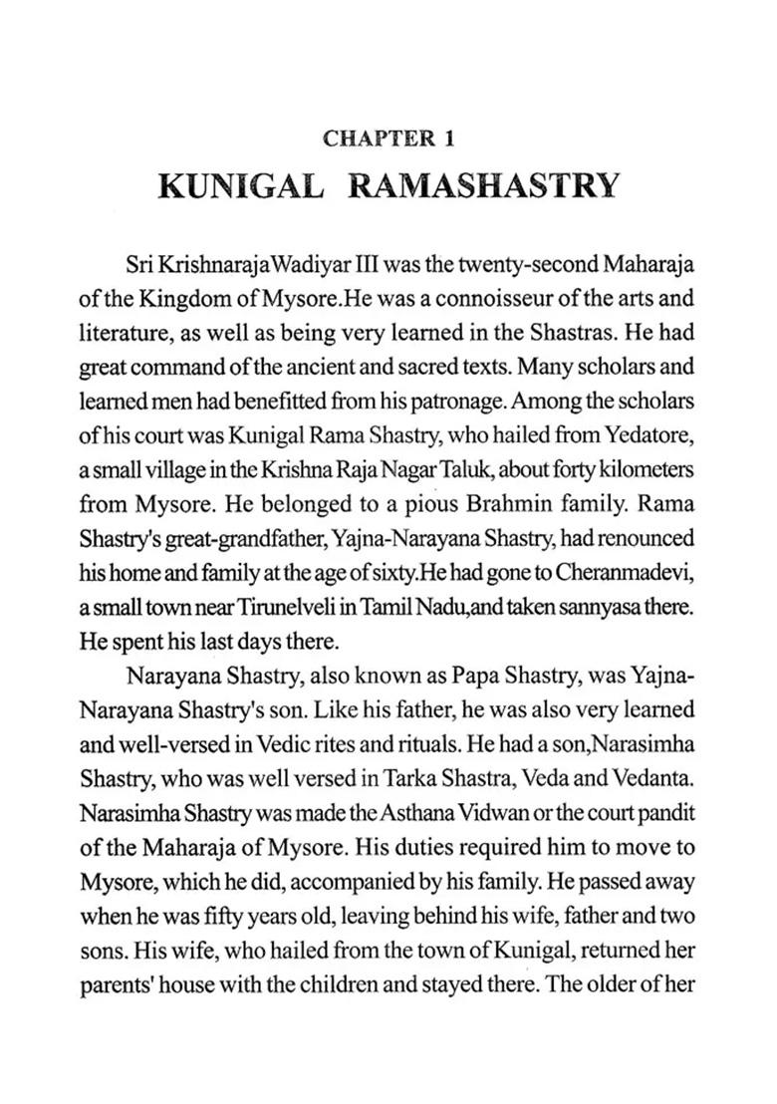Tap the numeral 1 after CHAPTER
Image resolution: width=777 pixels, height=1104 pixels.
click(x=448, y=140)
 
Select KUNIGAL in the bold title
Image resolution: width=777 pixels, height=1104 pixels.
click(x=240, y=187)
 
